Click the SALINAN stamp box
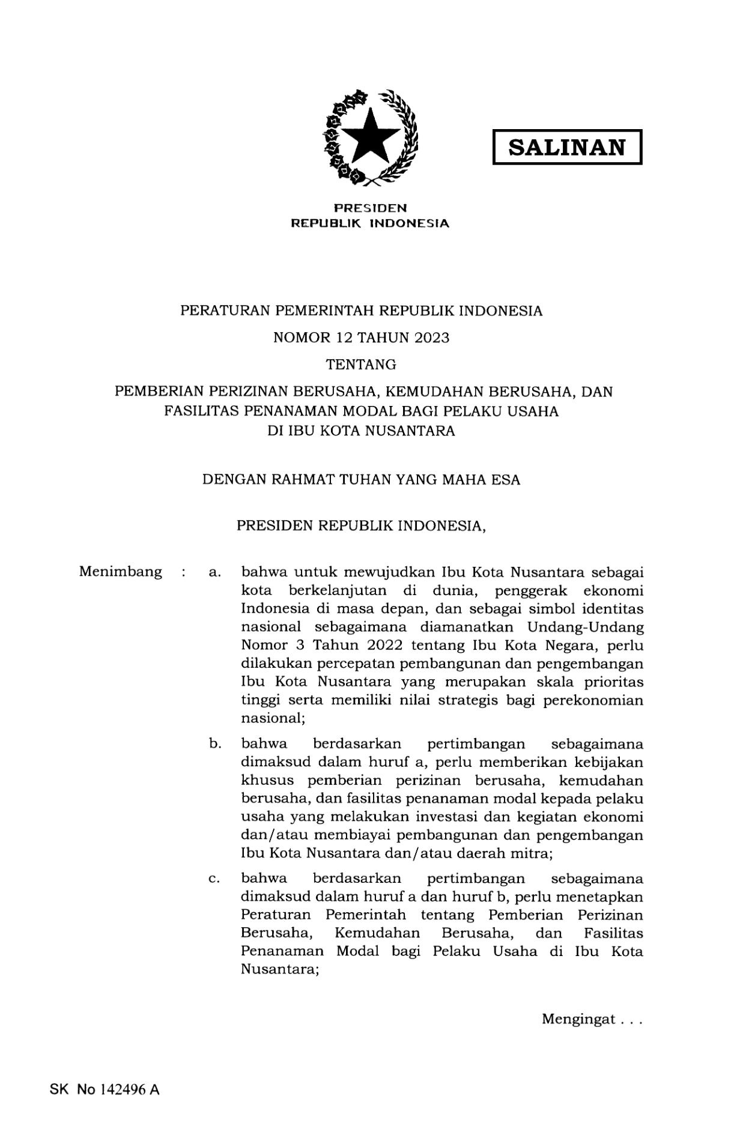coord(567,147)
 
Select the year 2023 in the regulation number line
coord(430,337)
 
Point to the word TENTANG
coord(361,365)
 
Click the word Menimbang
coord(120,571)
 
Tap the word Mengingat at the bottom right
coord(578,1019)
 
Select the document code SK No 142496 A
coord(105,1090)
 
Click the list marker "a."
coord(214,572)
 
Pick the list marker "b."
coord(215,744)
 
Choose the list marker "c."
coord(214,879)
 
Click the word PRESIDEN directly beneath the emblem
coord(370,208)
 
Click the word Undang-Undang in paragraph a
coord(585,628)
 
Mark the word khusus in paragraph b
coord(267,781)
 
